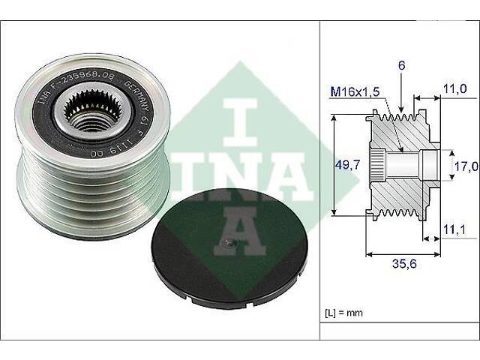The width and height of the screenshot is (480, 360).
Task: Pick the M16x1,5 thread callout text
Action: [355, 91]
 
